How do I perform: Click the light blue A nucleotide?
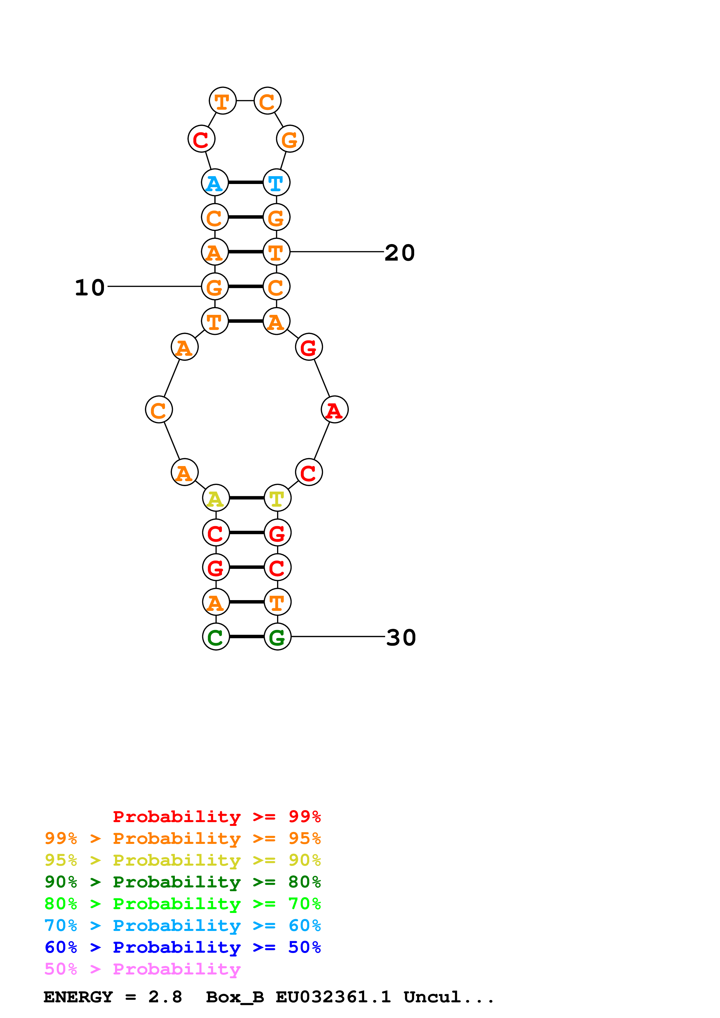(215, 182)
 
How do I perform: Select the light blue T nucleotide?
(276, 182)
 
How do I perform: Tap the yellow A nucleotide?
(216, 498)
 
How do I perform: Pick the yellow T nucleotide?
(277, 498)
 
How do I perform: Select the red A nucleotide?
(335, 410)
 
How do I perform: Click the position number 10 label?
(90, 287)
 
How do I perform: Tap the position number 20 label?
(399, 253)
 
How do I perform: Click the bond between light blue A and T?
(246, 182)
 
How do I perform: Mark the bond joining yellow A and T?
(247, 498)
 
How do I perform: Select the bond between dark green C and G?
(247, 637)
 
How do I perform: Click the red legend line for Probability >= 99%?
(216, 816)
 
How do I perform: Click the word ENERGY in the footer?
(78, 997)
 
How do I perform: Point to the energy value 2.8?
(165, 997)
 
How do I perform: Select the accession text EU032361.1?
(333, 997)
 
